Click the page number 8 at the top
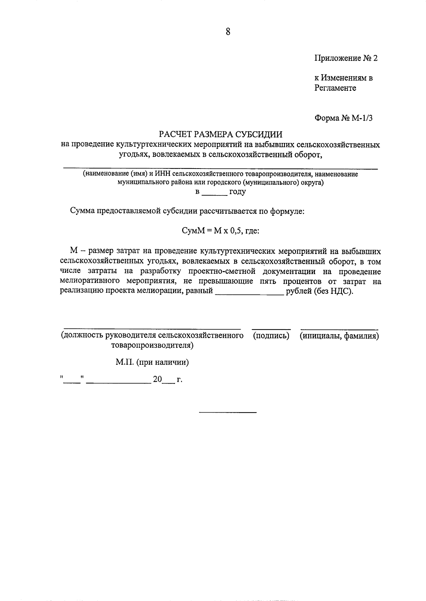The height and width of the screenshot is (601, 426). tap(228, 32)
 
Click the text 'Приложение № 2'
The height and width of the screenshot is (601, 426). tap(346, 58)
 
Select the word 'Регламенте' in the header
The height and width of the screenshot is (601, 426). tap(335, 88)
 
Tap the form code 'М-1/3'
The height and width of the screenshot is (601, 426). tap(362, 118)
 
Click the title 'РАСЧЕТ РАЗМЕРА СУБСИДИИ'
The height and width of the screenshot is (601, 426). tap(220, 134)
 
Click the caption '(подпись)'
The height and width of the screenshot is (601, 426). tap(271, 336)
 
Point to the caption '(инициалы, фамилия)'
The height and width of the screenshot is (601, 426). tap(339, 336)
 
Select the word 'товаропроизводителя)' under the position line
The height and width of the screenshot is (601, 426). tap(152, 345)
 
